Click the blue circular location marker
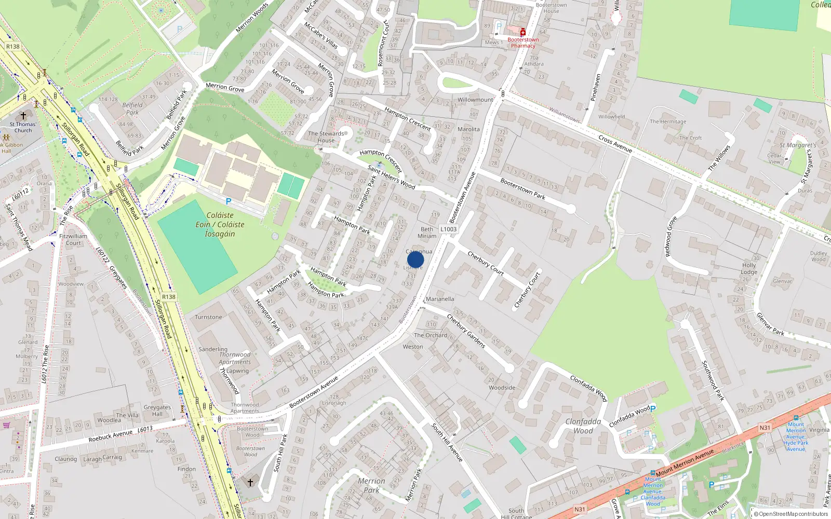pos(415,259)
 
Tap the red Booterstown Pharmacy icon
pos(523,33)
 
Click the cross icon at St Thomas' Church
pos(23,116)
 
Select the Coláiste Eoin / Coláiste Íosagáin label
pos(220,224)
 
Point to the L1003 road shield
pos(448,229)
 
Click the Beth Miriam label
pos(427,233)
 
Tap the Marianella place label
pos(439,299)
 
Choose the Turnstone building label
pos(208,317)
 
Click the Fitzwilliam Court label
pos(73,239)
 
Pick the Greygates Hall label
pos(157,411)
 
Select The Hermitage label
pos(668,121)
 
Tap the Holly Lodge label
pos(749,268)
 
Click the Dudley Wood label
pos(818,256)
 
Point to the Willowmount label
pos(475,100)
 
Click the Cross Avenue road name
pos(615,144)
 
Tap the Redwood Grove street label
pos(671,237)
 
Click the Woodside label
pos(502,388)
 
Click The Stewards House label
pos(326,137)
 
